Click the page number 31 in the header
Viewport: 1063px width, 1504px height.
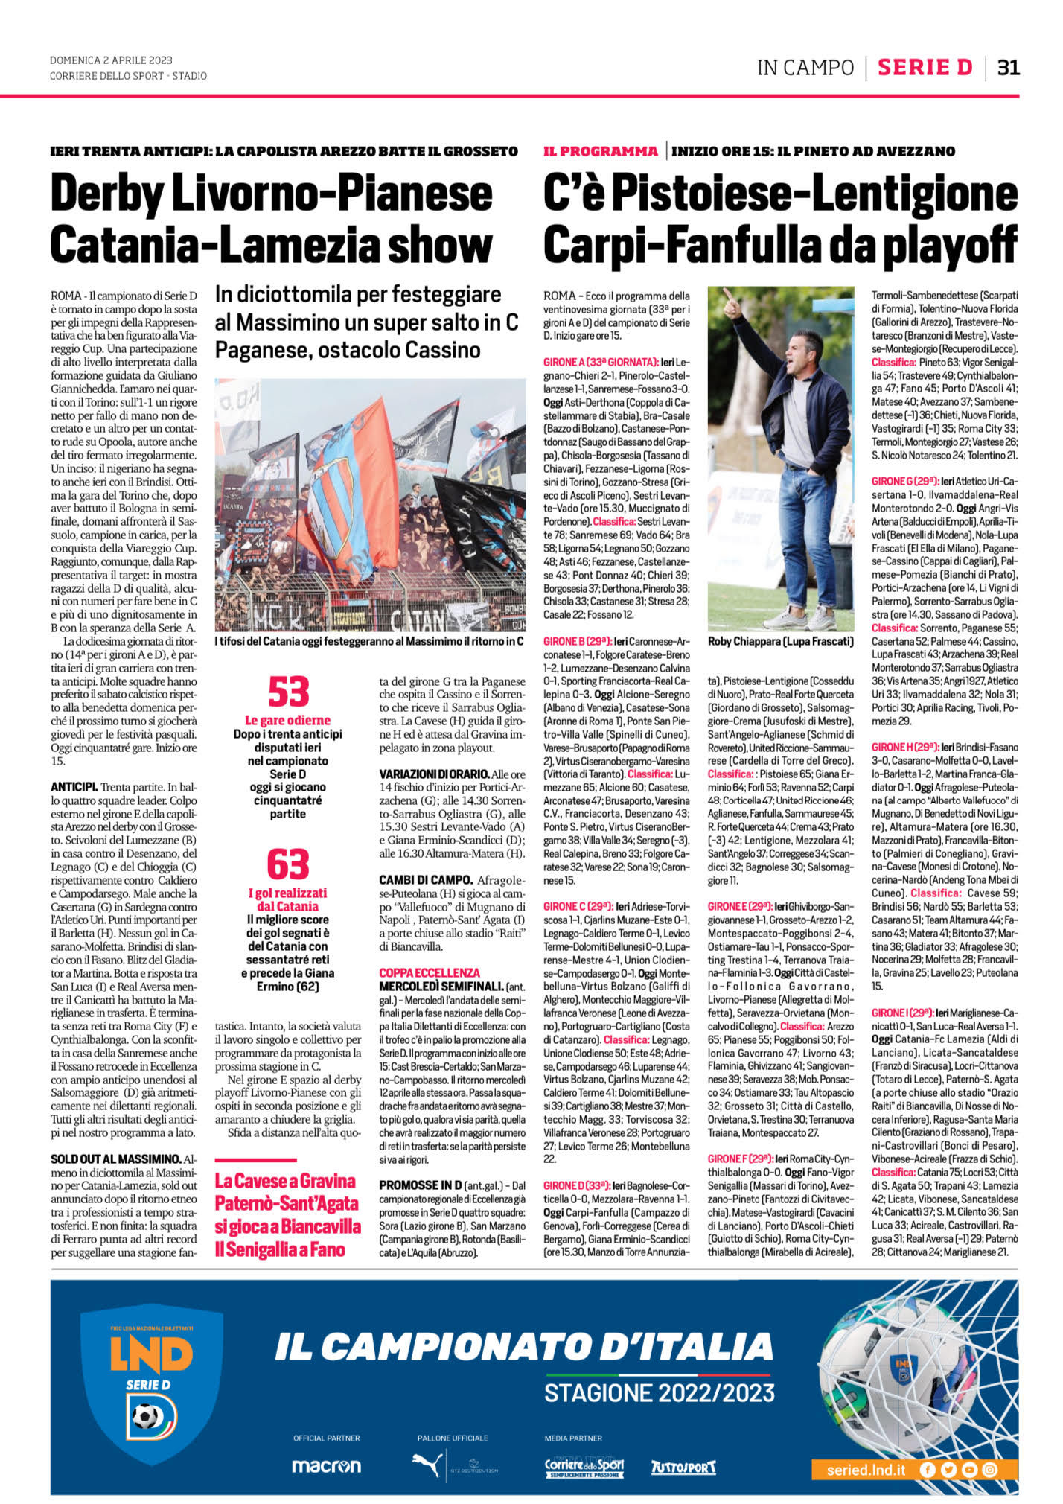[x=1008, y=68]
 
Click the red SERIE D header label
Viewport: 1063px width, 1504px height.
[x=925, y=68]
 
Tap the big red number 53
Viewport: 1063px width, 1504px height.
[x=288, y=692]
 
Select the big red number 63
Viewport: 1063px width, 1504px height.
[x=288, y=864]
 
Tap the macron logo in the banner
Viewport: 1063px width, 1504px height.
[x=326, y=1465]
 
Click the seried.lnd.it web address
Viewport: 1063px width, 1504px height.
[x=866, y=1470]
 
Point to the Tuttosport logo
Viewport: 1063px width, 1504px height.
[x=683, y=1467]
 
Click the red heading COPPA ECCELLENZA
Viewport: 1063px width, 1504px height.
[x=430, y=972]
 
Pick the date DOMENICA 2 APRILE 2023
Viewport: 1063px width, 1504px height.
[x=111, y=60]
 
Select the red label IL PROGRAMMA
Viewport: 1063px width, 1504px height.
[x=601, y=152]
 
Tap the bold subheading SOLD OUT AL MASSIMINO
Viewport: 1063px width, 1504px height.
[x=115, y=1159]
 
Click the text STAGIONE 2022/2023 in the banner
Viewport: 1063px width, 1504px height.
[x=660, y=1392]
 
